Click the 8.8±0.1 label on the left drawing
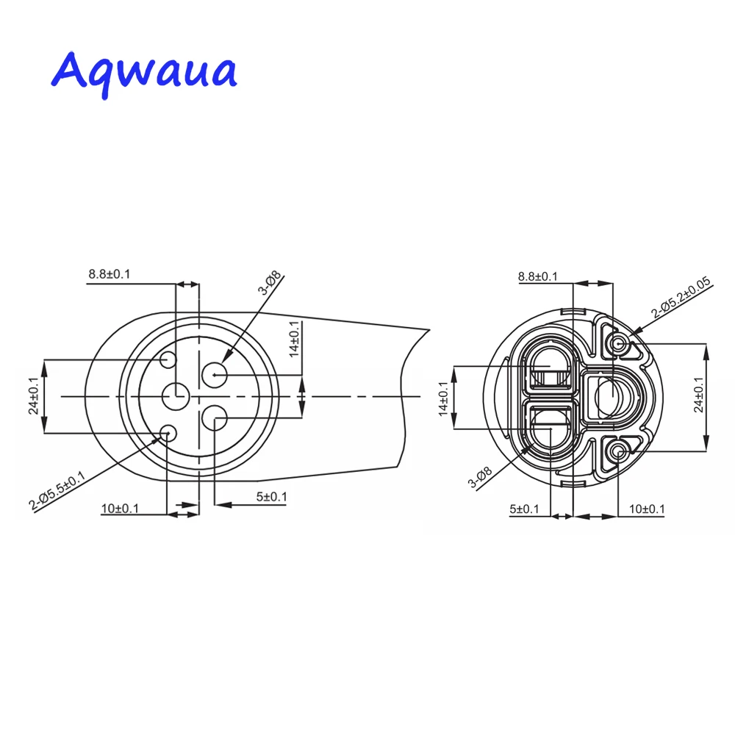pyautogui.click(x=110, y=274)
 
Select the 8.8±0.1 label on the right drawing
pyautogui.click(x=538, y=276)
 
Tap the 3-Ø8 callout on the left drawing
pyautogui.click(x=269, y=283)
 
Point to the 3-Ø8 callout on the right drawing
pyautogui.click(x=480, y=477)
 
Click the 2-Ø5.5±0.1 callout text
pyautogui.click(x=57, y=491)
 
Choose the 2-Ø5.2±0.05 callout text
pyautogui.click(x=681, y=297)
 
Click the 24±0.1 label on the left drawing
pyautogui.click(x=33, y=396)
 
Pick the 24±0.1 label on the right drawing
pyautogui.click(x=698, y=395)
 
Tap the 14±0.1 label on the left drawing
pyautogui.click(x=294, y=340)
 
